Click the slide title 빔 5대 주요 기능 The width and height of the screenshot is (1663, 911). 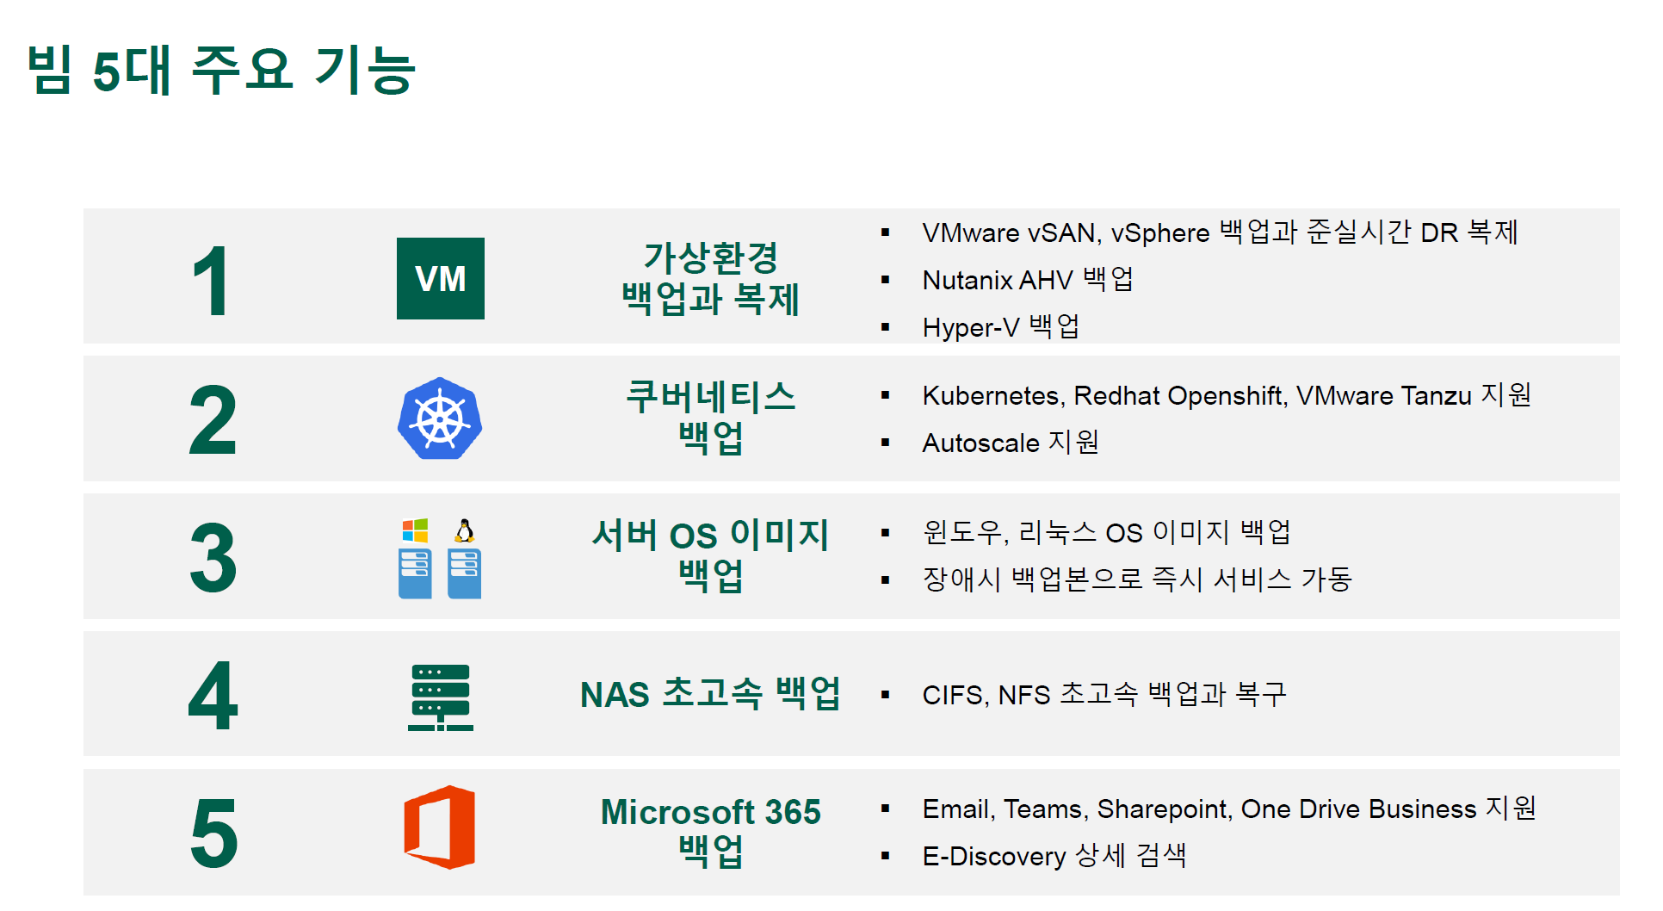[x=221, y=69]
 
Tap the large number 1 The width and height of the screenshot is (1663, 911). [x=211, y=281]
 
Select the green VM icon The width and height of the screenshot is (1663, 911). [x=440, y=278]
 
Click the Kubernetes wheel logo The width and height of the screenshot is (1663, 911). [x=440, y=418]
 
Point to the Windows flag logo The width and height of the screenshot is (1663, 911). [x=415, y=530]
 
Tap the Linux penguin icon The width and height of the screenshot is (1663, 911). [x=465, y=530]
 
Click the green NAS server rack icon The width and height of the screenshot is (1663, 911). [x=440, y=697]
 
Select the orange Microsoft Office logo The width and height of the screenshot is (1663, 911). [x=440, y=827]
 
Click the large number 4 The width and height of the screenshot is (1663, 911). [x=213, y=696]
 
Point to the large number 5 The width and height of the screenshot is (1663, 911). [x=213, y=833]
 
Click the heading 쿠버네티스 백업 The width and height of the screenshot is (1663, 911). [x=711, y=417]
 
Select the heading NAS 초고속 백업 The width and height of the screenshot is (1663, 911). [x=710, y=693]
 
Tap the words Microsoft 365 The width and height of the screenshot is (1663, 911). [x=711, y=812]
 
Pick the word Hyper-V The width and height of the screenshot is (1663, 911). [x=971, y=328]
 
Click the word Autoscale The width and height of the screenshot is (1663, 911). [x=980, y=443]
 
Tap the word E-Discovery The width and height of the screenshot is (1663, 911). [x=994, y=856]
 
